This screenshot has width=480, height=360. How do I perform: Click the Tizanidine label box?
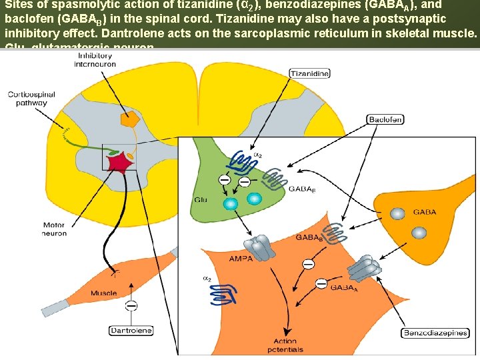click(309, 75)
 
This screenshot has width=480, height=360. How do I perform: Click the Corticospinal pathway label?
click(27, 99)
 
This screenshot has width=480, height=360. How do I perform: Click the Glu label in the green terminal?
click(200, 199)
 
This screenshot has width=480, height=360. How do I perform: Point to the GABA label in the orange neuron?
click(425, 213)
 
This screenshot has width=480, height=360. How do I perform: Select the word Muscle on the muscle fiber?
click(103, 293)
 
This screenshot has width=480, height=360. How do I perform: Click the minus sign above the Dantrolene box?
click(132, 305)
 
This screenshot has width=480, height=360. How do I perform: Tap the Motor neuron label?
click(53, 229)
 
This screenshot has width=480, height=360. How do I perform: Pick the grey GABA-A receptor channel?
click(363, 268)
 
